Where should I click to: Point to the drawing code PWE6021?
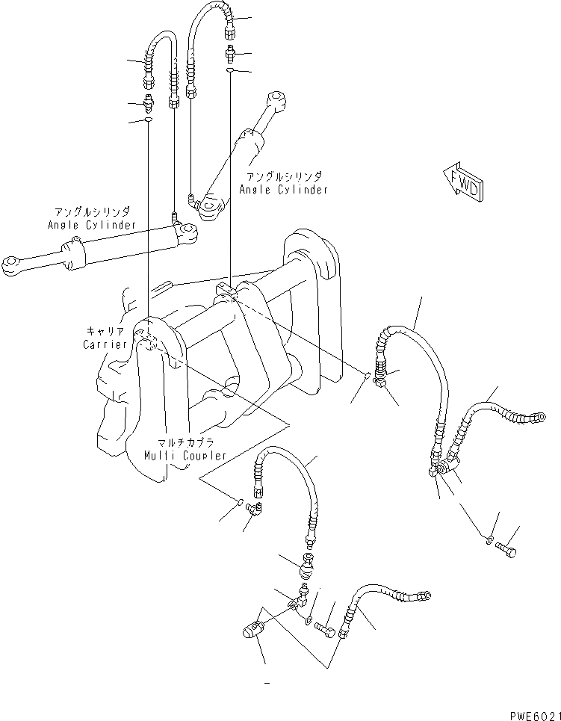pyautogui.click(x=531, y=714)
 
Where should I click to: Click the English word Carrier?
pyautogui.click(x=105, y=344)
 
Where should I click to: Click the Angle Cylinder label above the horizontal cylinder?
pyautogui.click(x=91, y=224)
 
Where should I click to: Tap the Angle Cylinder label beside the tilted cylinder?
pyautogui.click(x=283, y=190)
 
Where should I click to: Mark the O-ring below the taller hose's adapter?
pyautogui.click(x=231, y=70)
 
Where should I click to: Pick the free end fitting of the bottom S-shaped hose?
pyautogui.click(x=423, y=595)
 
